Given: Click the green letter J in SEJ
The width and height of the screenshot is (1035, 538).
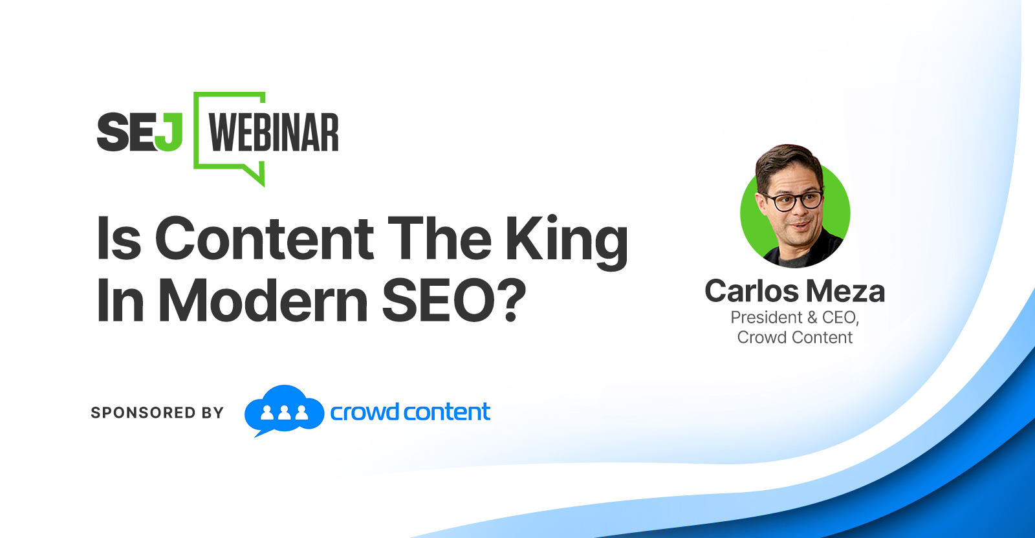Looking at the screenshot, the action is (169, 132).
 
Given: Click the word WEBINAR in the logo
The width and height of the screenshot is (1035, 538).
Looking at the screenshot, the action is (274, 133).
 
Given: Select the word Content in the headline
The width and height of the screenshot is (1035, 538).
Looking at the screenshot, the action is (265, 239).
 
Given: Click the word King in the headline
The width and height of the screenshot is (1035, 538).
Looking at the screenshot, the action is (566, 242).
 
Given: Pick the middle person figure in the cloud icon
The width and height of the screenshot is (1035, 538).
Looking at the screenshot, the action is (284, 413).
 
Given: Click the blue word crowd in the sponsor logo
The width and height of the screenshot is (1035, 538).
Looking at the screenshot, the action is (365, 412).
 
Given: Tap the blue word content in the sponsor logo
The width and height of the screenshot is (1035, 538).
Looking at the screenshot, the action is (447, 412).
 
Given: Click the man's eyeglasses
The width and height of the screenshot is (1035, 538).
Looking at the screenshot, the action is (793, 201).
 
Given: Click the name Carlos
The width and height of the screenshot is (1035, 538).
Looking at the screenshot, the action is (751, 292).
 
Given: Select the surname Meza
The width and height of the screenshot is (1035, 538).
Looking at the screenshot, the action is (845, 292).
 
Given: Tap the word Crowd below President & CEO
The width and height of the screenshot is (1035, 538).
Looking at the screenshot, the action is (760, 338).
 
